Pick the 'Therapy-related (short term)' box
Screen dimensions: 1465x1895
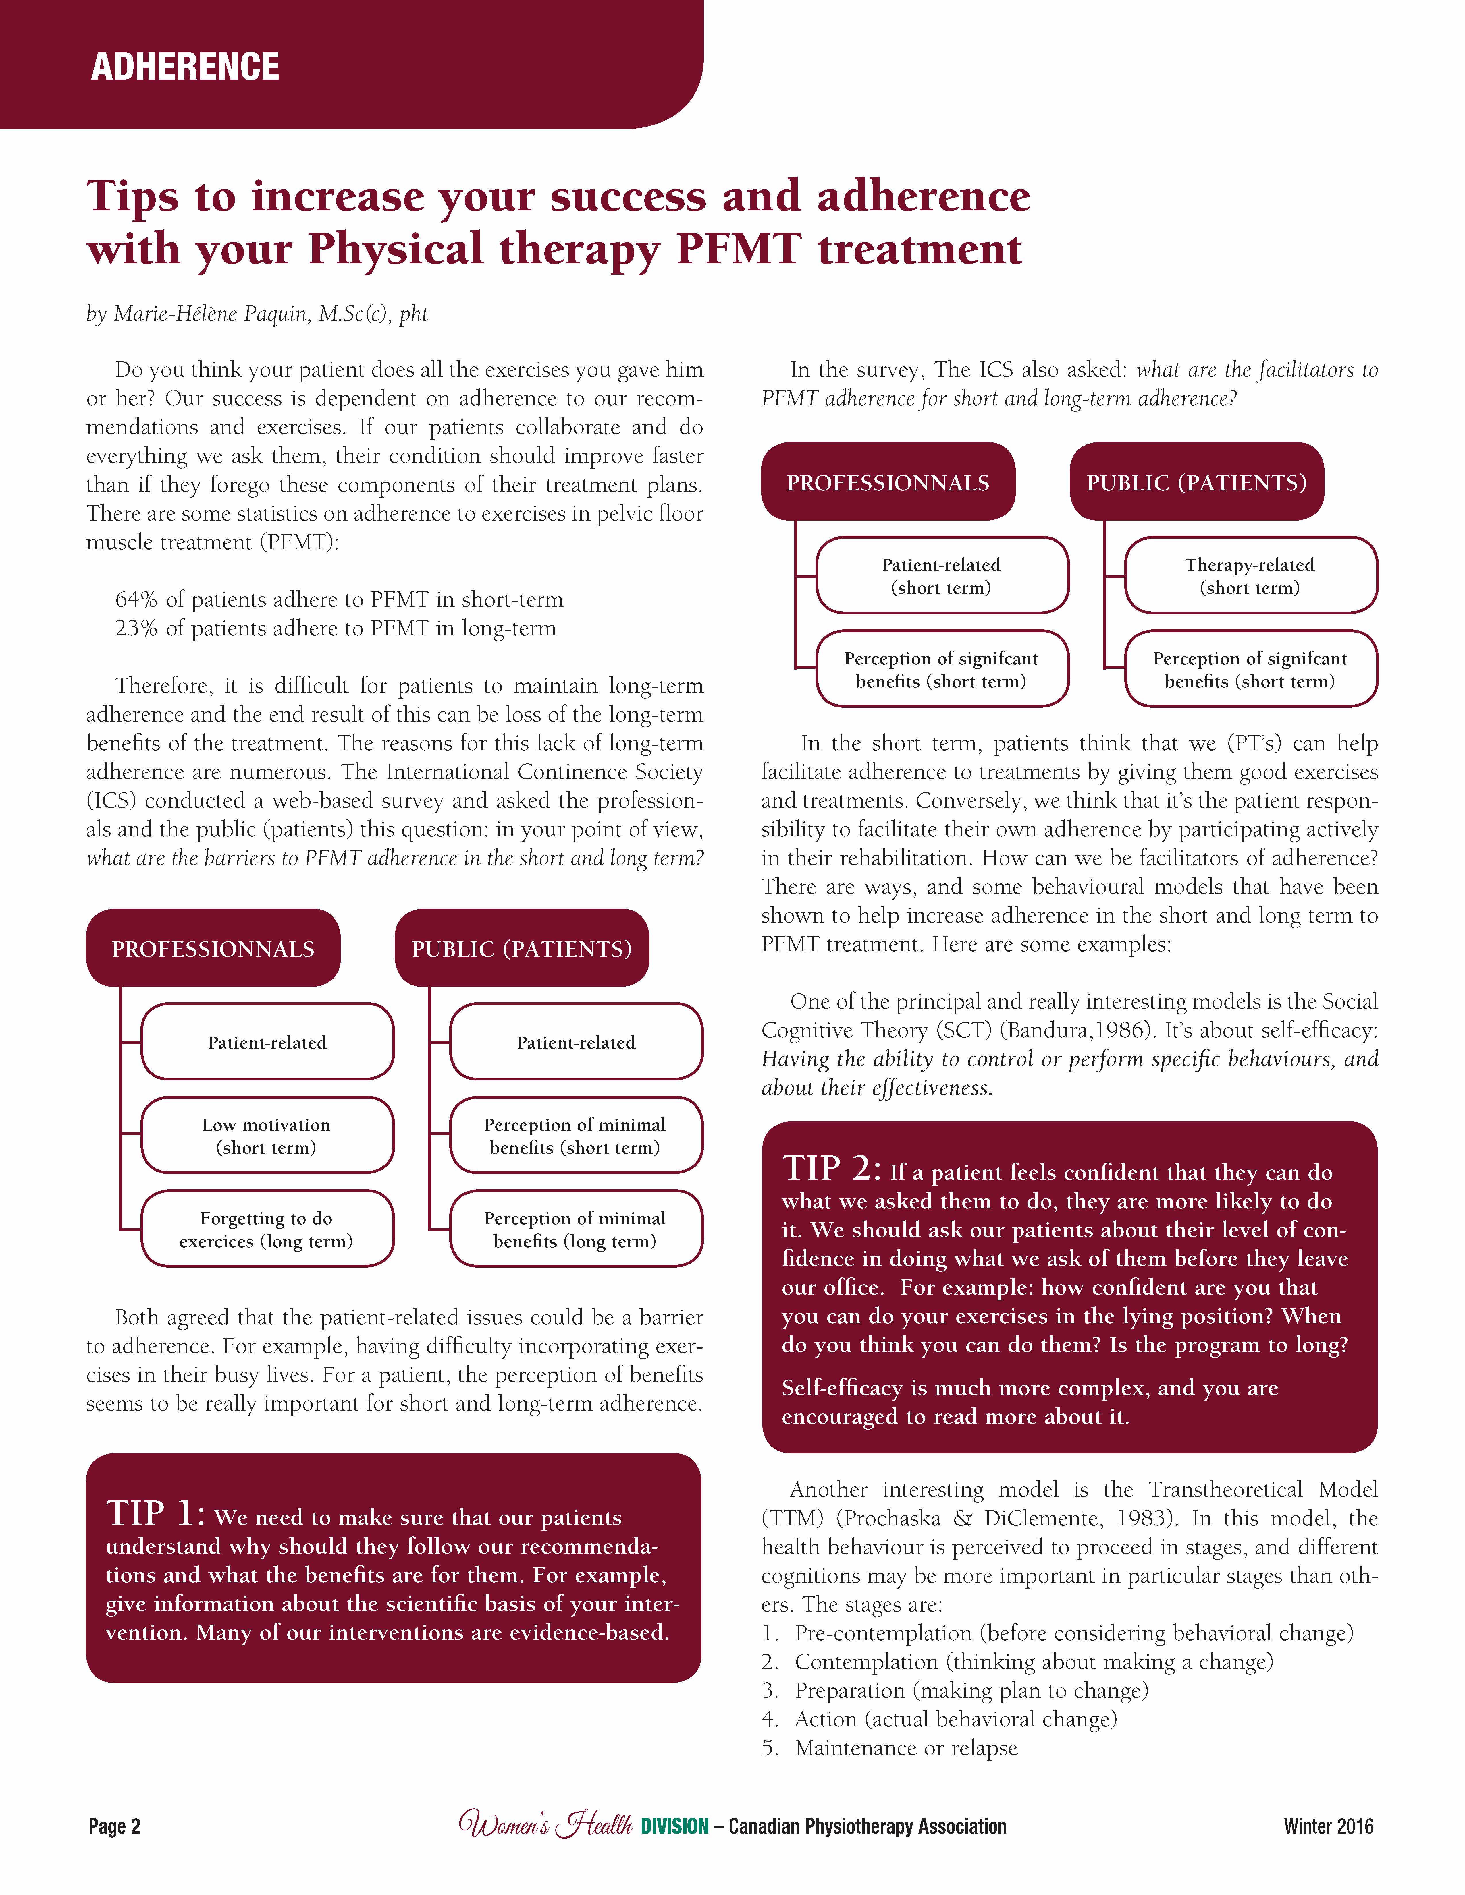(1251, 575)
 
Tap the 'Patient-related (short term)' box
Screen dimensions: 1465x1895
(942, 575)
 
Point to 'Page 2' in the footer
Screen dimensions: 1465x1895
(115, 1826)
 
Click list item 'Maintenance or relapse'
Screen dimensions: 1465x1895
(906, 1747)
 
